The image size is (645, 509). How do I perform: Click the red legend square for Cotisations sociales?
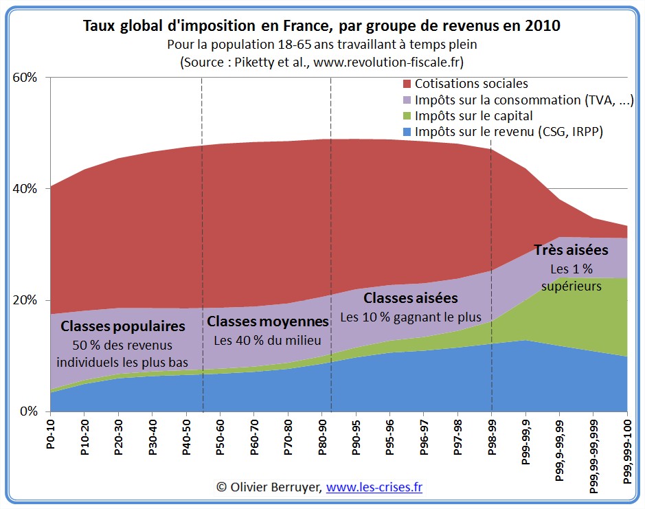406,84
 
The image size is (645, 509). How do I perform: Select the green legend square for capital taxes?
406,116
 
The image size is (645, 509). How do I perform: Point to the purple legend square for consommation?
406,100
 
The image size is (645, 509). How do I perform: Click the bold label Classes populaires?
123,326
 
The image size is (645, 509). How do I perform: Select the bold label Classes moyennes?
268,321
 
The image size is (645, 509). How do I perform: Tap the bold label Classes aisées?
410,298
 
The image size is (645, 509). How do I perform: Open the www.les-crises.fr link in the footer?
374,487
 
